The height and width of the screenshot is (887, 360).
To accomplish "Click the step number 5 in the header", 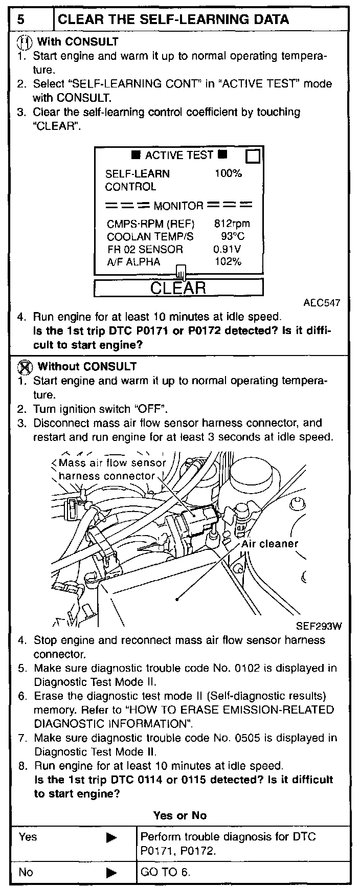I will pyautogui.click(x=20, y=19).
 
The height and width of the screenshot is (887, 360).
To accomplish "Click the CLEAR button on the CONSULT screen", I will pyautogui.click(x=178, y=287).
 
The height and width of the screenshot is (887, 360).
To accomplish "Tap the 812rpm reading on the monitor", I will pyautogui.click(x=232, y=224).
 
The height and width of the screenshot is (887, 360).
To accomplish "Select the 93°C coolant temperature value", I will pyautogui.click(x=232, y=236).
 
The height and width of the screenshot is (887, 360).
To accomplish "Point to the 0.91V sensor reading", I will pyautogui.click(x=227, y=249).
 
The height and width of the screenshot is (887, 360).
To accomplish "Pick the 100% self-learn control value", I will pyautogui.click(x=228, y=173).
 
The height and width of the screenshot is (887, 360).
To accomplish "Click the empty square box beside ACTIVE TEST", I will pyautogui.click(x=253, y=156).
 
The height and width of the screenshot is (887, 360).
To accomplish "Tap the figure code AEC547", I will pyautogui.click(x=322, y=303).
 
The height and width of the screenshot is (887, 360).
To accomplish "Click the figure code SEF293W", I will pyautogui.click(x=319, y=626).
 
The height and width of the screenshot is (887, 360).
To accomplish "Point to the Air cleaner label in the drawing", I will pyautogui.click(x=269, y=543).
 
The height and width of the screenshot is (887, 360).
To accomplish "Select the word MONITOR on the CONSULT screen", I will pyautogui.click(x=178, y=206).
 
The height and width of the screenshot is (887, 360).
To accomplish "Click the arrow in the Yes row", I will pyautogui.click(x=111, y=837).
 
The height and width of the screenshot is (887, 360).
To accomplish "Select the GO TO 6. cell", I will pyautogui.click(x=165, y=872).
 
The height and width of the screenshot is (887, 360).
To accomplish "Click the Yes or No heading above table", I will pyautogui.click(x=179, y=815).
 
